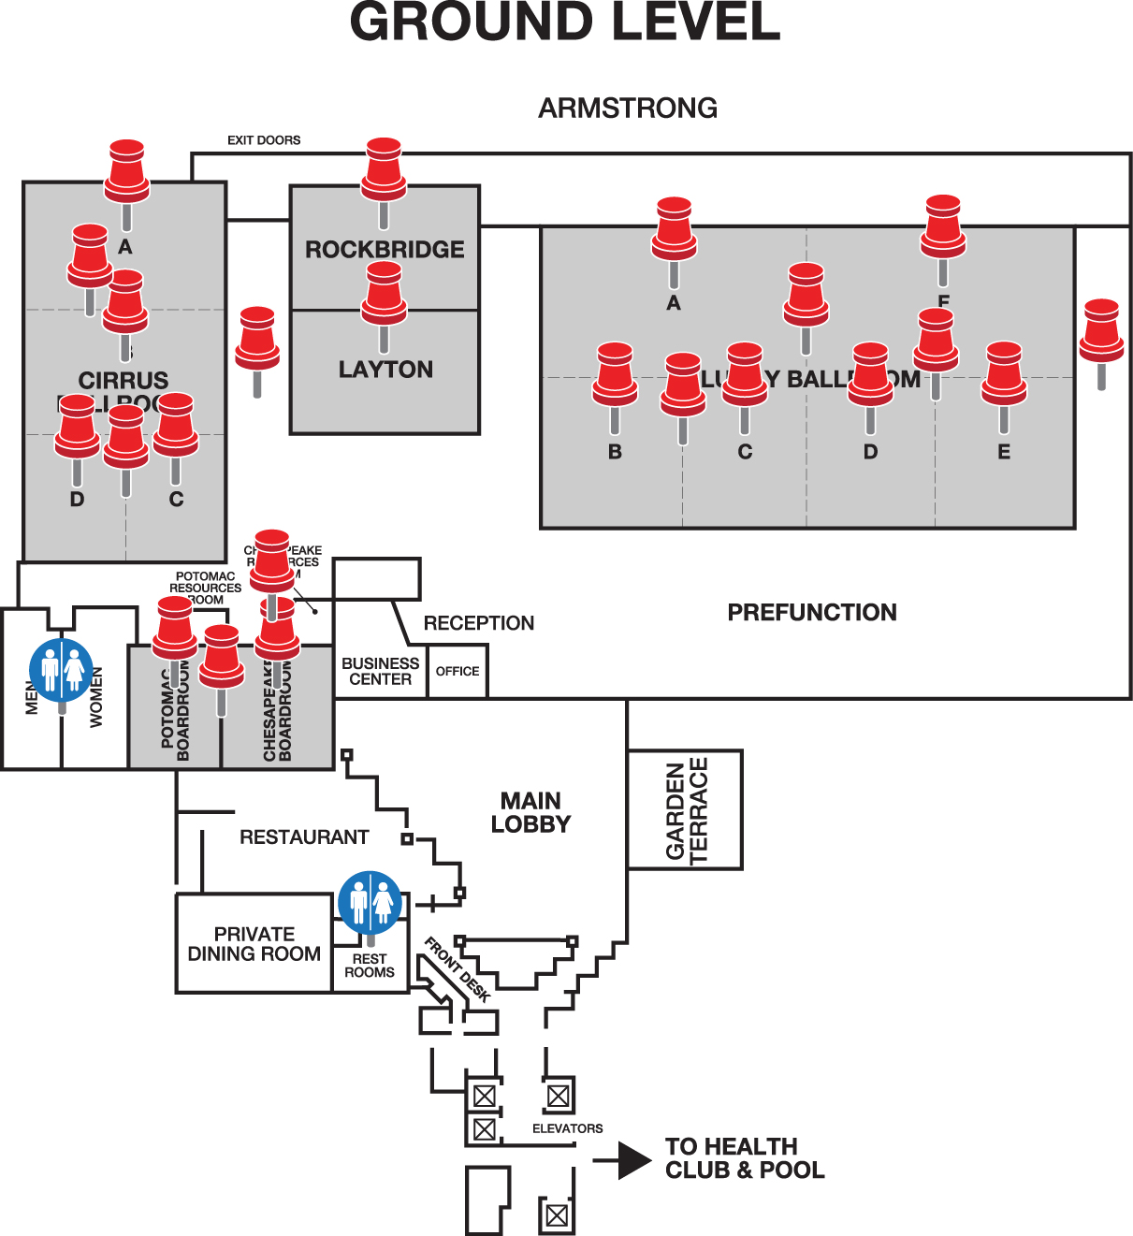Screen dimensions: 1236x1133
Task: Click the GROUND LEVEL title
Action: click(x=565, y=22)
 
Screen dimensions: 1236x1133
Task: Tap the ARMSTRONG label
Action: click(x=628, y=109)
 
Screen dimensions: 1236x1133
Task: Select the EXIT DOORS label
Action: click(x=264, y=140)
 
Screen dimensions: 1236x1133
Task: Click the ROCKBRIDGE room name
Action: click(x=385, y=250)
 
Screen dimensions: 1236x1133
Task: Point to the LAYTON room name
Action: click(x=385, y=370)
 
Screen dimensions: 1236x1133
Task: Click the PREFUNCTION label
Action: click(x=812, y=613)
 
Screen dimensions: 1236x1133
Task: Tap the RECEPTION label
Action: click(x=479, y=623)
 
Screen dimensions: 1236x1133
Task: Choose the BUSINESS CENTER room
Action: click(x=380, y=672)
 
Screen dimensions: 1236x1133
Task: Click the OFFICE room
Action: click(x=458, y=672)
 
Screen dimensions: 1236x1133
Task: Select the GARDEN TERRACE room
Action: click(x=686, y=810)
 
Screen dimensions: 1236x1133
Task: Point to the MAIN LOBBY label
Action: click(x=530, y=812)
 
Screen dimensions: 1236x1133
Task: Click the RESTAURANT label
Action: click(x=304, y=837)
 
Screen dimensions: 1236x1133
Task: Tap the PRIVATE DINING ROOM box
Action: click(x=254, y=944)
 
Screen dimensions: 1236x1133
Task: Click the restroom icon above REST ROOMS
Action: click(x=370, y=903)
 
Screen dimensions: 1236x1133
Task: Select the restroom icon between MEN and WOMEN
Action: click(x=62, y=670)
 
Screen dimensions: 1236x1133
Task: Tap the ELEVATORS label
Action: click(x=567, y=1128)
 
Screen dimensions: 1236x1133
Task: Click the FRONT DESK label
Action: click(x=458, y=969)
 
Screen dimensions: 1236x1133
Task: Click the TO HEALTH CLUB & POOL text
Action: click(x=745, y=1158)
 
